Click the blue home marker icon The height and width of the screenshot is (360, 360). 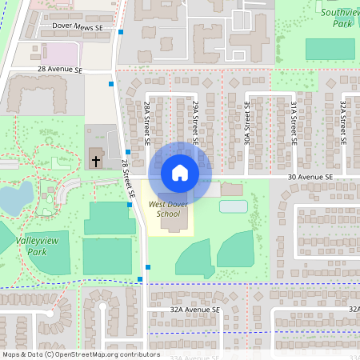[x=180, y=173]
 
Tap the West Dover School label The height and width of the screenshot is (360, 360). [x=164, y=209]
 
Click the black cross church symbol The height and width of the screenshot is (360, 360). [x=96, y=161]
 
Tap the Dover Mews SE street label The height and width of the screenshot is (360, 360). [x=78, y=26]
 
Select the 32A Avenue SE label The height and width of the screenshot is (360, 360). [x=194, y=309]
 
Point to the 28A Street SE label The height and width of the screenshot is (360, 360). [x=148, y=122]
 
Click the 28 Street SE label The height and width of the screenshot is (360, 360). [x=126, y=178]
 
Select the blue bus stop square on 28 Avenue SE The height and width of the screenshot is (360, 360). [x=111, y=83]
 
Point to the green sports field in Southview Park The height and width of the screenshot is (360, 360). [x=330, y=49]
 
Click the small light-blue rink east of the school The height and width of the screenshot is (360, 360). [x=233, y=206]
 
